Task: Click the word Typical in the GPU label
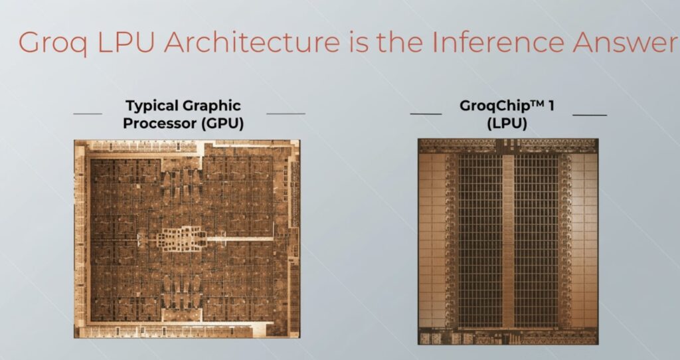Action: click(x=151, y=106)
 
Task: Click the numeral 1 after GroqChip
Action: click(x=551, y=106)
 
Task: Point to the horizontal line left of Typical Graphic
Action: click(x=88, y=114)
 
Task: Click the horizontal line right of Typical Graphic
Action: click(x=286, y=114)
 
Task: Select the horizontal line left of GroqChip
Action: click(x=426, y=114)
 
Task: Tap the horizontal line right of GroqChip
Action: click(x=590, y=114)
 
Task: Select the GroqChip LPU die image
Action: click(x=508, y=241)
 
